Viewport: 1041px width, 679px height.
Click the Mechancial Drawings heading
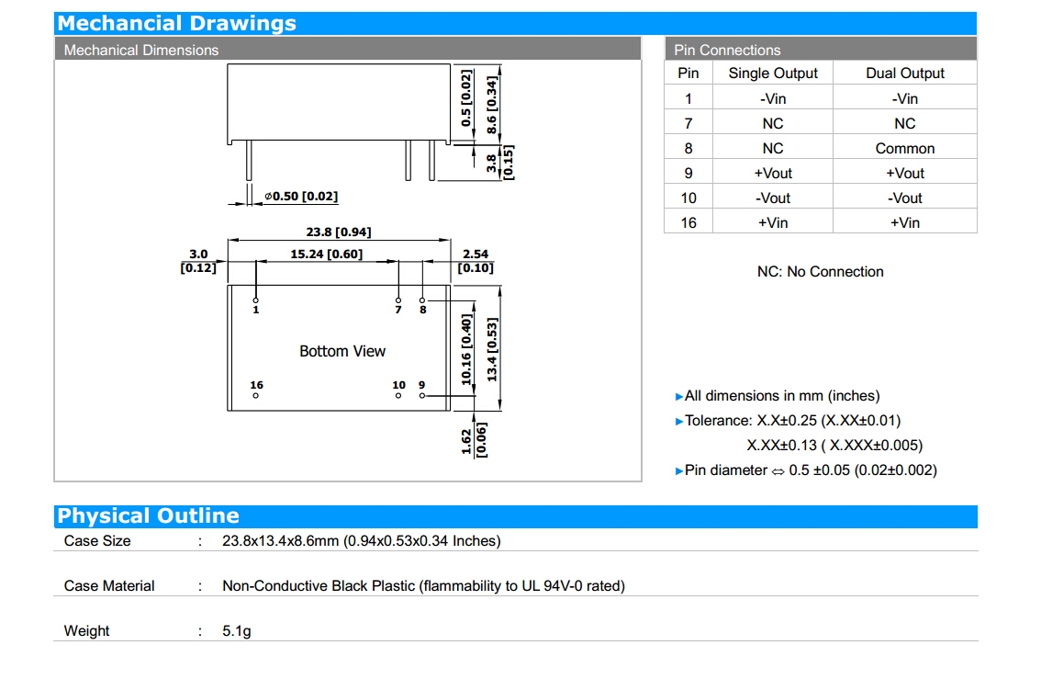tap(177, 24)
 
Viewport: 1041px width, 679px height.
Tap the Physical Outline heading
tap(149, 516)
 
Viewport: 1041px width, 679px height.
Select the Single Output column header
tap(773, 74)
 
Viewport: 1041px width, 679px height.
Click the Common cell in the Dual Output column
tap(905, 148)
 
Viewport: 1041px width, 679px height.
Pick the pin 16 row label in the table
tap(688, 222)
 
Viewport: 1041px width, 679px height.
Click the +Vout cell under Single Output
tap(773, 173)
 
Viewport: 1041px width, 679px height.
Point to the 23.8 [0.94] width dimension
tap(339, 232)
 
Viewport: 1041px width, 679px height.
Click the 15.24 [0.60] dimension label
tap(326, 254)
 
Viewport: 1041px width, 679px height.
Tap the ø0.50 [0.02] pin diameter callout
tap(301, 197)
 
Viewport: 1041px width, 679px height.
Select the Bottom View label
tap(342, 351)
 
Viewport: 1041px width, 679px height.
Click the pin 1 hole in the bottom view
tap(256, 300)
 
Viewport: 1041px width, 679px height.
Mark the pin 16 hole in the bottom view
tap(256, 396)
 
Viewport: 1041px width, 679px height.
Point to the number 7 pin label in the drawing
tap(398, 311)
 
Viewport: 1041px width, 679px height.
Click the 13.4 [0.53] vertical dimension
tap(492, 350)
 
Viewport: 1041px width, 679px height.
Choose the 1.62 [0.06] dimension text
tap(474, 441)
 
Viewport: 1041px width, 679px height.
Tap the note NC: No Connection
tap(820, 272)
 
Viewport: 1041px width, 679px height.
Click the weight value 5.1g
tap(237, 631)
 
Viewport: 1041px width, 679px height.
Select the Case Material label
tap(109, 586)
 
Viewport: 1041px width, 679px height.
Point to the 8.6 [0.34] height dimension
tap(491, 106)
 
